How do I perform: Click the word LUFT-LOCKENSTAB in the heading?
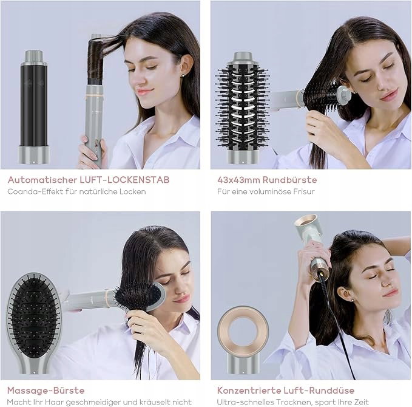point(124,180)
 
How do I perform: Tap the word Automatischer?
point(42,180)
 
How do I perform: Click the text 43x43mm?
point(238,180)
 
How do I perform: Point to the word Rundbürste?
point(290,180)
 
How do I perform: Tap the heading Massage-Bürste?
point(46,391)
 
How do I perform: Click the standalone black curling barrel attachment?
point(33,107)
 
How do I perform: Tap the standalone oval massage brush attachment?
point(34,323)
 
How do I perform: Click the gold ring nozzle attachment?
point(243,340)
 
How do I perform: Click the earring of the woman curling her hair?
point(183,75)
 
